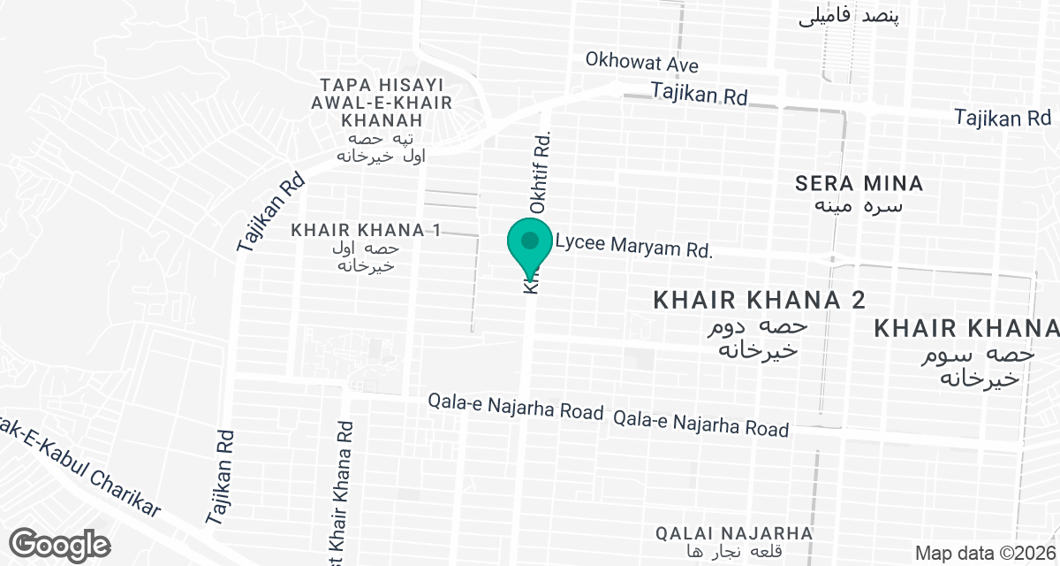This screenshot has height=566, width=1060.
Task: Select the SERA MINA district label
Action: (x=859, y=184)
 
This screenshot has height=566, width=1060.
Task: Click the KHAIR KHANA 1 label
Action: (x=366, y=230)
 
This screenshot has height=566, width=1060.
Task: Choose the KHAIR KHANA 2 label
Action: (x=758, y=301)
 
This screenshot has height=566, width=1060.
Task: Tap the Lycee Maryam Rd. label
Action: (x=633, y=247)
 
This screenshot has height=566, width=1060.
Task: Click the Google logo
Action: (x=59, y=543)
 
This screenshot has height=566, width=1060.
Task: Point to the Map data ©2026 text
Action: (x=984, y=554)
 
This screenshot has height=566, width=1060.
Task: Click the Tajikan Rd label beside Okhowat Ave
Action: (x=699, y=92)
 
